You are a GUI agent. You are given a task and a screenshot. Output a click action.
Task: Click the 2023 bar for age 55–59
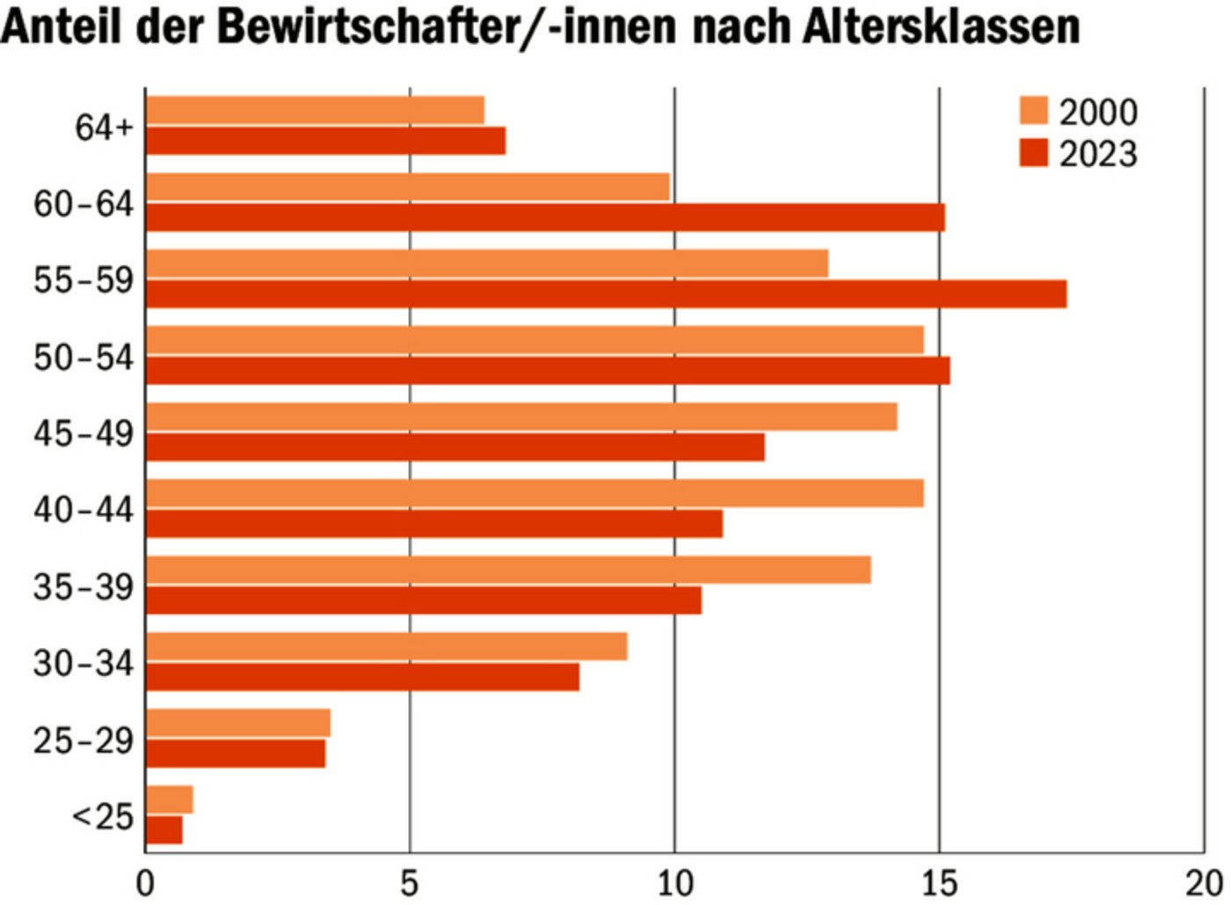click(x=606, y=295)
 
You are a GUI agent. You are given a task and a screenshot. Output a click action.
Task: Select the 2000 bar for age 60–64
click(x=407, y=186)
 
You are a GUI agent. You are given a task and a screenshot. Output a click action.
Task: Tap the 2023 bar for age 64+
click(x=325, y=141)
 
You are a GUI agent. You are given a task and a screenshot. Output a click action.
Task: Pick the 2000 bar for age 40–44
click(x=535, y=493)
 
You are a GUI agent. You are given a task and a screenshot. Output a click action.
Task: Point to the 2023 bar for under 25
click(x=164, y=830)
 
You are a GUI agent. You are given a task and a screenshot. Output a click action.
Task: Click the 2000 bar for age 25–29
click(x=238, y=723)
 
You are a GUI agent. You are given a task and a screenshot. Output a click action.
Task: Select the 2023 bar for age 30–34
click(x=362, y=677)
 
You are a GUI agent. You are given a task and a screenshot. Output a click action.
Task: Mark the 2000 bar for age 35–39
click(x=508, y=570)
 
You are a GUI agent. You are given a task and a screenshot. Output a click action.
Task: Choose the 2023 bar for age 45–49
click(x=455, y=447)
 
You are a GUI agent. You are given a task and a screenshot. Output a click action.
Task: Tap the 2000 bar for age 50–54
click(x=535, y=340)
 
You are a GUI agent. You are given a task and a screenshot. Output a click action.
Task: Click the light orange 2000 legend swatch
click(x=1034, y=112)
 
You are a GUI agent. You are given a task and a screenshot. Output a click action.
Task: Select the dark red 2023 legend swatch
click(x=1034, y=153)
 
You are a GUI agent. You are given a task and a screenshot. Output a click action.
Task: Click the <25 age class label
click(x=103, y=817)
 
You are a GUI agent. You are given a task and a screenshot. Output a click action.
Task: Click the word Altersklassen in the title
click(x=941, y=26)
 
